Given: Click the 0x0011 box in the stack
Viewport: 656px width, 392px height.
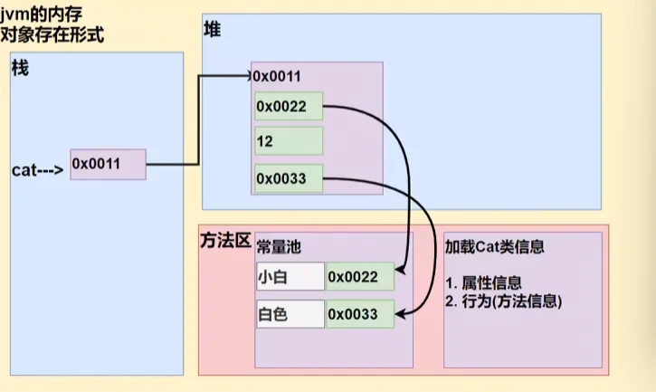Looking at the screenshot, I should click(x=108, y=165).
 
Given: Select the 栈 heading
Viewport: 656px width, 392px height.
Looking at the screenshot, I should click(x=20, y=70).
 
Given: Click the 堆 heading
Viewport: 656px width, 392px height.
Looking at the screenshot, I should click(x=213, y=29).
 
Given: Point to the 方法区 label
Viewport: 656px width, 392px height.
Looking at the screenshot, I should click(x=223, y=242).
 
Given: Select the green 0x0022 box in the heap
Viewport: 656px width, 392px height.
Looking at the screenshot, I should click(x=289, y=107).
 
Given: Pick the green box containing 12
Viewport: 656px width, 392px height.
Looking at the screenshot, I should click(x=289, y=141).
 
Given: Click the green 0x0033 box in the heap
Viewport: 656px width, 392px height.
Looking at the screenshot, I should click(x=289, y=177).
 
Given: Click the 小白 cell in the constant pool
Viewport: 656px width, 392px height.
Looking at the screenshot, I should click(x=290, y=277).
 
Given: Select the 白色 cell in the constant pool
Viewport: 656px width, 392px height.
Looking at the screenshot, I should click(x=290, y=314).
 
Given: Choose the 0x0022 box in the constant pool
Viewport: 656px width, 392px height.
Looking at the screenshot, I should click(x=359, y=277).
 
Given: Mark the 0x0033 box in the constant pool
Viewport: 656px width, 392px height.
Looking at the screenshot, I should click(x=359, y=314).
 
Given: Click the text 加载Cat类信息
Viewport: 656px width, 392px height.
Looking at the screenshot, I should click(x=493, y=246).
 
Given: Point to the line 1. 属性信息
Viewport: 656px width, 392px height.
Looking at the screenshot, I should click(x=484, y=282).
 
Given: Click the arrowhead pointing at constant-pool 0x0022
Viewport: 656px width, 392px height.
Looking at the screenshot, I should click(x=399, y=272).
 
